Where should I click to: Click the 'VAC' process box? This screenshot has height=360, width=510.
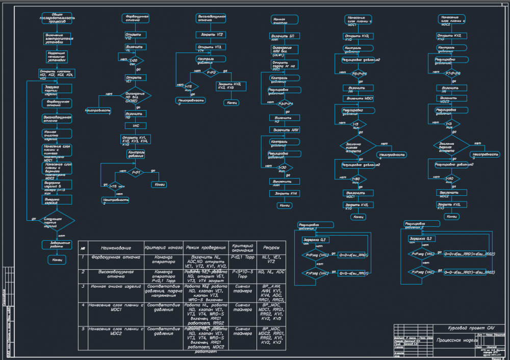coord(136,125)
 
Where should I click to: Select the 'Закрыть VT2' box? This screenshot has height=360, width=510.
coord(211,34)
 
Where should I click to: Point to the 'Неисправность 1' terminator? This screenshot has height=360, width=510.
coord(98,111)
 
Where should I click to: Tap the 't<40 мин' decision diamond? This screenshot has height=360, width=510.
coord(449,178)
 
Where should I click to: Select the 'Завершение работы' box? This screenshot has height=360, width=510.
coord(57,245)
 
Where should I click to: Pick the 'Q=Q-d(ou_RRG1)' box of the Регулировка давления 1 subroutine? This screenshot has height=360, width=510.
coord(353,273)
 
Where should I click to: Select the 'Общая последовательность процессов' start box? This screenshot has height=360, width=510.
coord(57,19)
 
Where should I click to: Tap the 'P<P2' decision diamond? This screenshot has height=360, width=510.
coord(211,73)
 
